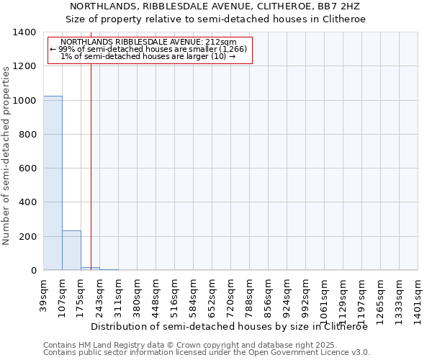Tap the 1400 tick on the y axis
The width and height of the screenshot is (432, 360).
[25, 32]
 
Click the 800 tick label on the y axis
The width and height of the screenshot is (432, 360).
[28, 135]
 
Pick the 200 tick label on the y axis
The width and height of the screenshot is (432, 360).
[28, 237]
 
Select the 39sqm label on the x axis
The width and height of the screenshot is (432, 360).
[44, 291]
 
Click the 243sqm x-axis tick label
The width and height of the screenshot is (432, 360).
[100, 294]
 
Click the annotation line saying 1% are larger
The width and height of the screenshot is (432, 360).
[148, 56]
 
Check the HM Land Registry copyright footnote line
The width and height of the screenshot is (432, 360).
[180, 345]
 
